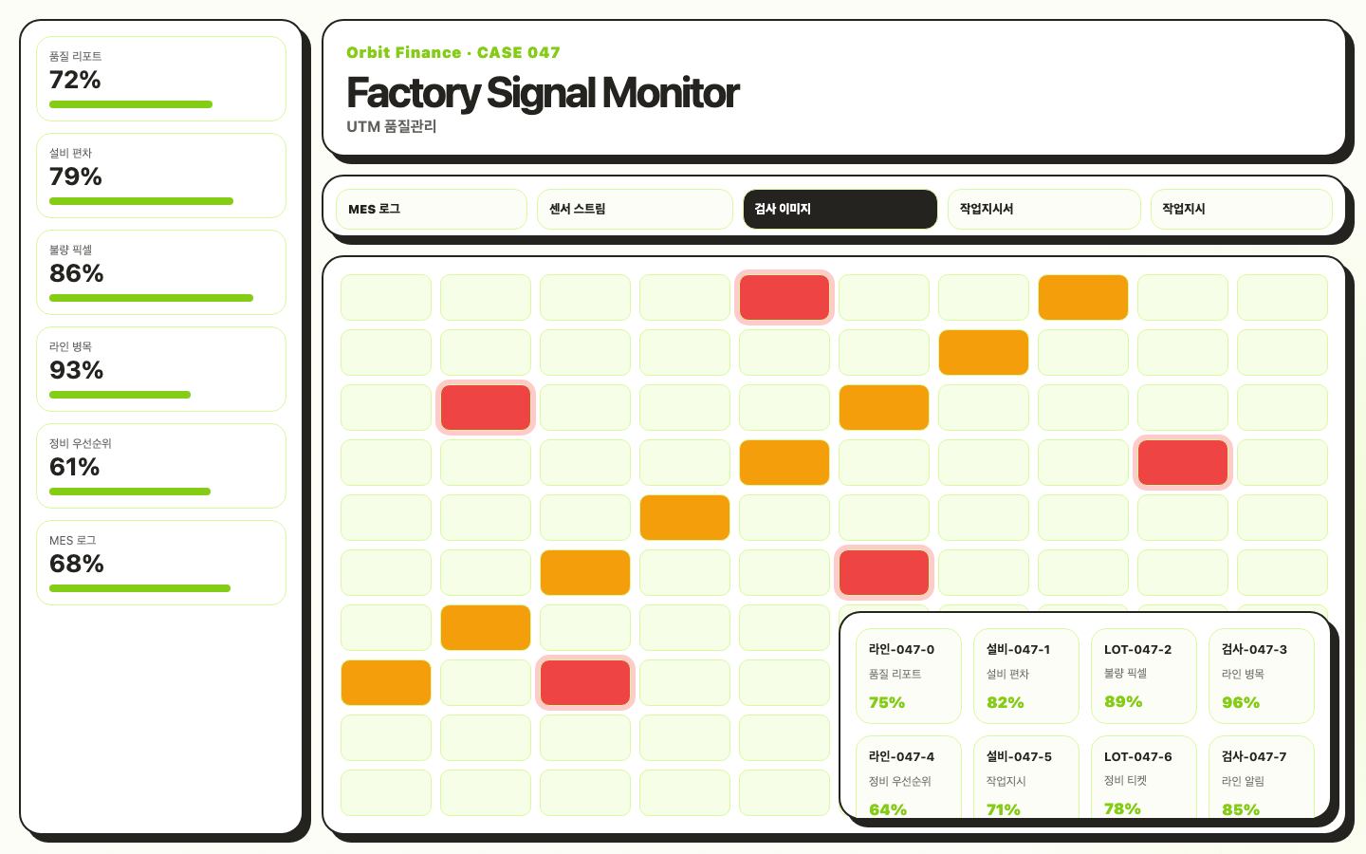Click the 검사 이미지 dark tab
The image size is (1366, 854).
(840, 209)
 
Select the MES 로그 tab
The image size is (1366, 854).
(431, 209)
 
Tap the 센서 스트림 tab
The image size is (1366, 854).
(635, 209)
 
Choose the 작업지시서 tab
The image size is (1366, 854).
(1044, 209)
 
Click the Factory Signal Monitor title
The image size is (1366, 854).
(543, 93)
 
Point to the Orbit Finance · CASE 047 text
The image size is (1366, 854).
(453, 52)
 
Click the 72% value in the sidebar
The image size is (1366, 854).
(75, 80)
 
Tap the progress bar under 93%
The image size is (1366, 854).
(120, 395)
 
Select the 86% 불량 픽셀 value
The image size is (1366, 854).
(76, 273)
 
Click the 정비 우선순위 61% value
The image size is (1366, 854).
(74, 467)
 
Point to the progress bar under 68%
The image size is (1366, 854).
(139, 588)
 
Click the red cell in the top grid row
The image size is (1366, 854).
(785, 297)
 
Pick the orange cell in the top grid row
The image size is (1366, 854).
(1083, 297)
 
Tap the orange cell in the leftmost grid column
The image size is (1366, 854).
(386, 682)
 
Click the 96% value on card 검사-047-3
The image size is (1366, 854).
(1241, 703)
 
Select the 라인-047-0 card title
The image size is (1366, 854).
(901, 650)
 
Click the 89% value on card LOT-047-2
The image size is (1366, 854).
(1123, 702)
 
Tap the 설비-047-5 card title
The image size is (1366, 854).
(1019, 757)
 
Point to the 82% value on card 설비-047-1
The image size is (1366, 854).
(1006, 703)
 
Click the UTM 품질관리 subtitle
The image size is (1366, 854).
(392, 127)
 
